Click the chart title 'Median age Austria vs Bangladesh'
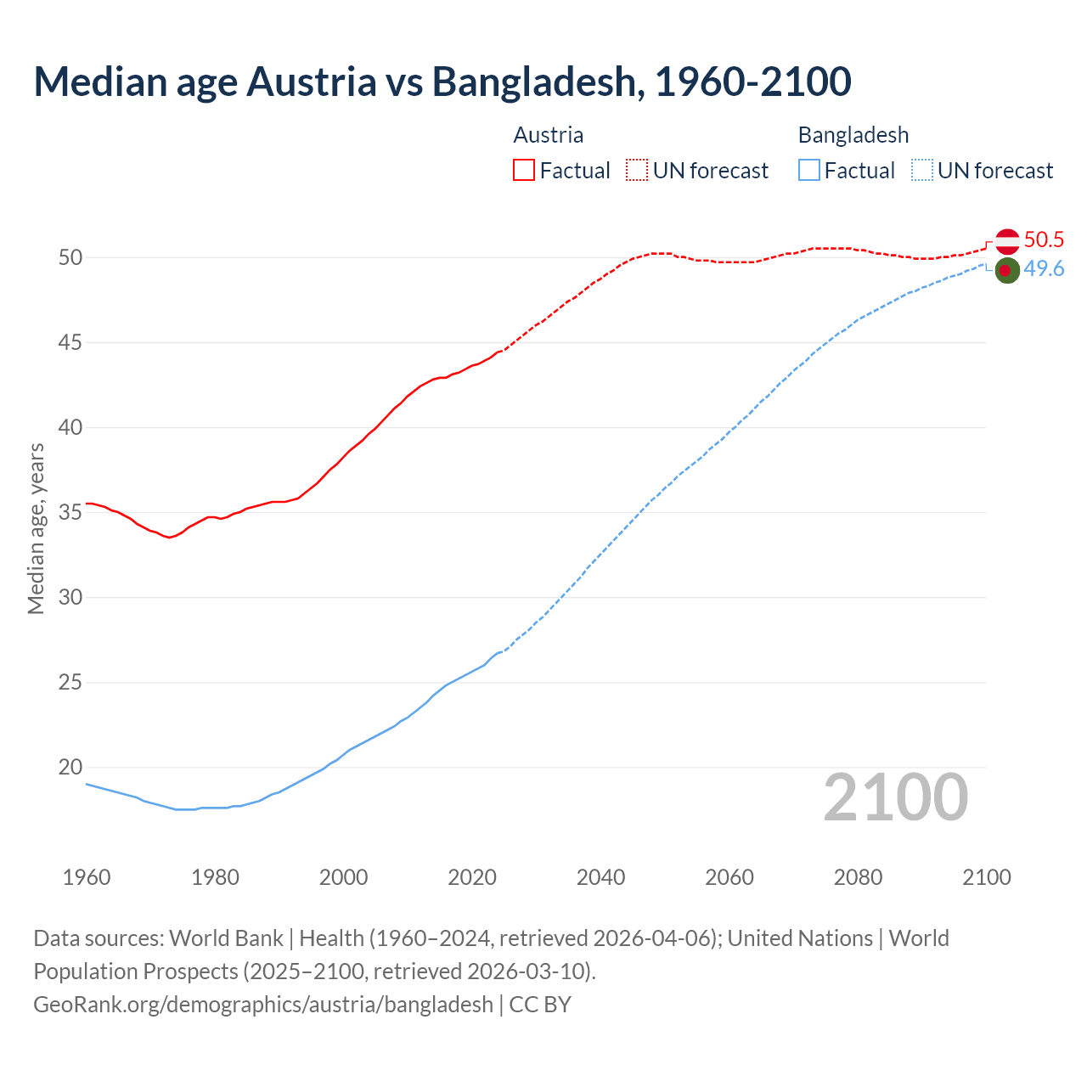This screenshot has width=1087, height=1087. pos(442,82)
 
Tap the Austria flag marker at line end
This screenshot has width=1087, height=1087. pos(1006,241)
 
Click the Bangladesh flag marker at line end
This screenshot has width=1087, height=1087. pos(1006,271)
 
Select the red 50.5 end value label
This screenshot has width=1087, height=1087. pos(1044,240)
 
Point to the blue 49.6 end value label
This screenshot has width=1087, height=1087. pos(1044,269)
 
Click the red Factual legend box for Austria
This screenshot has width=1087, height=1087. pos(524,171)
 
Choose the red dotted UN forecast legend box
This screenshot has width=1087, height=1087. pos(637,171)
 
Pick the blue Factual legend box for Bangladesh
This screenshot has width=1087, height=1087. pos(809,171)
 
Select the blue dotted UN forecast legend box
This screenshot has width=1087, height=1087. pos(921,171)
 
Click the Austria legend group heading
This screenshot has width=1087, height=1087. pos(549,135)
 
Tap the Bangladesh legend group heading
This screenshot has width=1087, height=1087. pos(853,135)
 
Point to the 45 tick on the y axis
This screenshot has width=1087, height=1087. pos(70,343)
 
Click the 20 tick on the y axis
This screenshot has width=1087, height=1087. pos(70,768)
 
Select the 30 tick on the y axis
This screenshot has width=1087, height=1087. pos(70,598)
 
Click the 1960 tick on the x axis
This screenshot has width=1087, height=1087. pos(87,877)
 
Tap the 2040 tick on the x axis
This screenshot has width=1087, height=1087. pos(600,877)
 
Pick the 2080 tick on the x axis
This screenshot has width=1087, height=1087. pos(858,877)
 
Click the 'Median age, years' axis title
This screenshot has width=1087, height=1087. pos(36,528)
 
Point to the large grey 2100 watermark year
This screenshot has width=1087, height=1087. pos(896,797)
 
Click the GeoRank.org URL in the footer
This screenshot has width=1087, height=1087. pos(263,1005)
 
